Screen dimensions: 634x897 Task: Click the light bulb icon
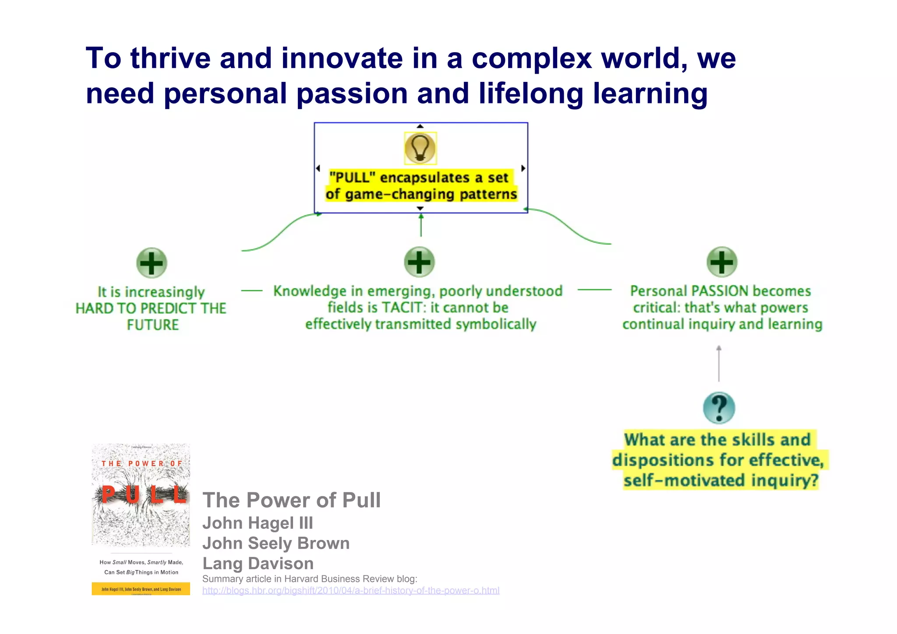click(x=420, y=148)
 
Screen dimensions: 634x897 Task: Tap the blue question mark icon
click(x=719, y=408)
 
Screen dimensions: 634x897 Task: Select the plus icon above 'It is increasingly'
click(x=152, y=263)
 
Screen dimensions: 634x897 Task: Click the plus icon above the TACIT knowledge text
click(x=419, y=262)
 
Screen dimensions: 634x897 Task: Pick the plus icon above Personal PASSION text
click(x=722, y=262)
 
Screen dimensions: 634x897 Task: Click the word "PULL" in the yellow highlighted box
click(x=352, y=177)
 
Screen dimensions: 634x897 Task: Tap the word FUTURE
click(x=153, y=325)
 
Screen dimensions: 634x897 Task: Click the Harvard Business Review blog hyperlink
click(x=350, y=591)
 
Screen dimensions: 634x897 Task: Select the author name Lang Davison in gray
click(x=258, y=563)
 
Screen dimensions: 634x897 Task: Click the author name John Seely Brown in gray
click(x=276, y=543)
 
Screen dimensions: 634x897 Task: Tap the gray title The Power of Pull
click(x=291, y=500)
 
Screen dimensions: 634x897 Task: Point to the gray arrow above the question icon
click(x=719, y=364)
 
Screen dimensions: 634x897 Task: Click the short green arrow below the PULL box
click(x=421, y=225)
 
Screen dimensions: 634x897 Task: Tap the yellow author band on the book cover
click(x=141, y=589)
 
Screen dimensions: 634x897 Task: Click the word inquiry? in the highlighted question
click(x=785, y=480)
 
